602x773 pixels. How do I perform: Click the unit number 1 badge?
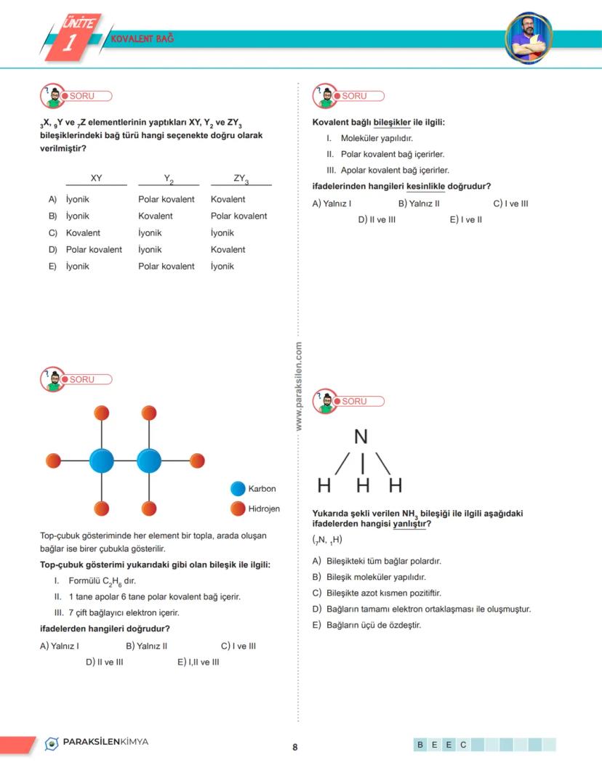tap(70, 42)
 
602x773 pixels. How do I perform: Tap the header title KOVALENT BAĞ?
tap(143, 38)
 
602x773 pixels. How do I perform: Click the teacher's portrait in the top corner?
tap(529, 36)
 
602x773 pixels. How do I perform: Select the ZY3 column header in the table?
tap(241, 179)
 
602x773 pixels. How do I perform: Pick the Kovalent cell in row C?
tap(83, 232)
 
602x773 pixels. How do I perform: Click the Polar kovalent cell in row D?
tap(94, 249)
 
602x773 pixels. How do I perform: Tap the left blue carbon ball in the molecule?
tap(102, 461)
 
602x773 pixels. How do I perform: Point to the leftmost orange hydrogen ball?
tap(53, 461)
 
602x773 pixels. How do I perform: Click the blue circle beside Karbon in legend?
tap(238, 489)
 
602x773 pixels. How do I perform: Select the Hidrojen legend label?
tap(263, 509)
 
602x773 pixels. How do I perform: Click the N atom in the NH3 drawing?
tap(361, 437)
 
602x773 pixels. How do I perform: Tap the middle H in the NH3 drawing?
tap(363, 485)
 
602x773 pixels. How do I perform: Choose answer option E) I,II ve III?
tap(198, 662)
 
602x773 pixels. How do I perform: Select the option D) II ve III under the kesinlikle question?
tap(377, 219)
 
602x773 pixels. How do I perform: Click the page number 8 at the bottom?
tap(295, 747)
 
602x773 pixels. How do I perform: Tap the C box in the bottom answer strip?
tap(462, 745)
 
